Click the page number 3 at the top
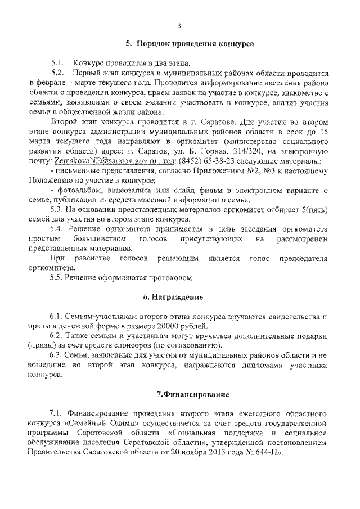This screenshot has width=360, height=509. coord(179,25)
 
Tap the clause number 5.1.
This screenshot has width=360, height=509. coord(58,63)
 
